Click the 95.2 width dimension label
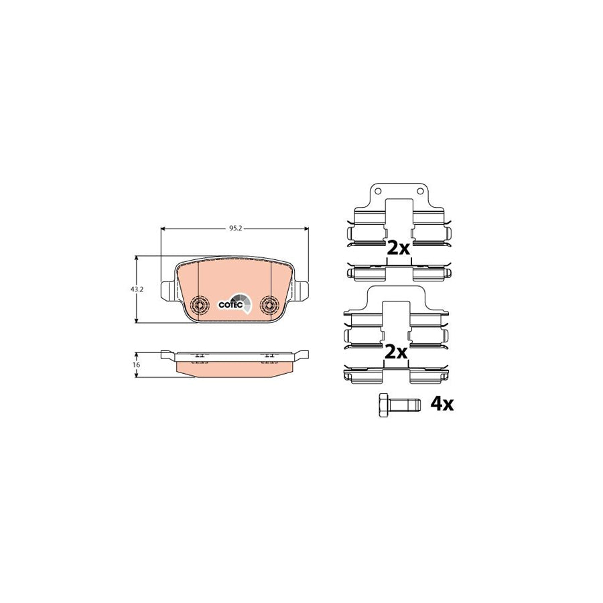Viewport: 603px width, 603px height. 234,228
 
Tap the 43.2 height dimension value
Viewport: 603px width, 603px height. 137,289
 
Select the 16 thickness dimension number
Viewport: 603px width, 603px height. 135,364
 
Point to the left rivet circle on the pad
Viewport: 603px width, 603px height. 199,305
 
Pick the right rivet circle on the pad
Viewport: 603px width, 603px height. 270,305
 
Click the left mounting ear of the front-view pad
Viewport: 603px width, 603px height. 167,289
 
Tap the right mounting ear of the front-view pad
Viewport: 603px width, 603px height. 302,289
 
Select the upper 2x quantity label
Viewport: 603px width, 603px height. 398,248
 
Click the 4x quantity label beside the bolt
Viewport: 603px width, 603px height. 442,404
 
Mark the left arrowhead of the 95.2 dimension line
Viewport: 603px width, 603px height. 164,228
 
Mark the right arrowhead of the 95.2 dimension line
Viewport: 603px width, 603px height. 306,228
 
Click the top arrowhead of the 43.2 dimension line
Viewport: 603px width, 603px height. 137,258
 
